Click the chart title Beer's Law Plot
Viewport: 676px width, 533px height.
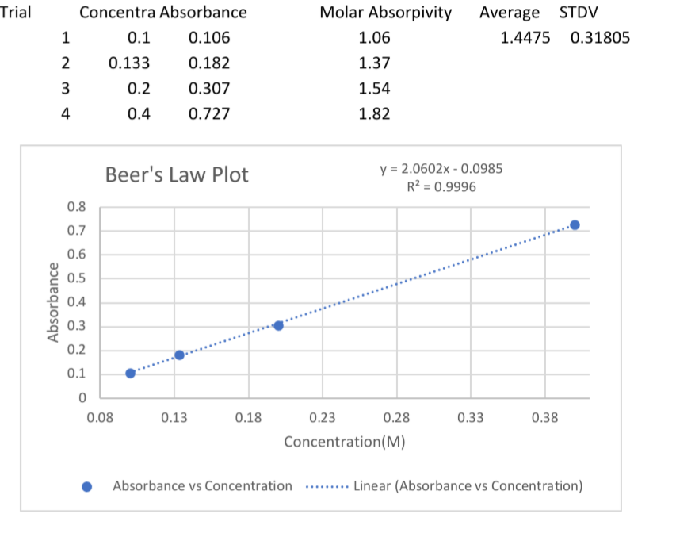[177, 174]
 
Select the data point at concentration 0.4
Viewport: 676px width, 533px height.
[575, 225]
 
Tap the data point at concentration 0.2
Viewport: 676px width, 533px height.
[278, 325]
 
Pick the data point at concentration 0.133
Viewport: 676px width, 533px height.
[179, 355]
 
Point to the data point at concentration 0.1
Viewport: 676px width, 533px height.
[130, 373]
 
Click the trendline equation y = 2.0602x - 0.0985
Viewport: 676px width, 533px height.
[441, 170]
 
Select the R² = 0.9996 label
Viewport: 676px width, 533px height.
[441, 187]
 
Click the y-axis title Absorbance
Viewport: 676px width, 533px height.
[55, 301]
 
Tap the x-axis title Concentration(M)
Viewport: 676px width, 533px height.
[345, 442]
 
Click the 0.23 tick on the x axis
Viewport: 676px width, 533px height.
[321, 418]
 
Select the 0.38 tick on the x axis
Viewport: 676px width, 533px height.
[544, 418]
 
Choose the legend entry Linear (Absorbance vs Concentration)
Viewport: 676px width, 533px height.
[468, 485]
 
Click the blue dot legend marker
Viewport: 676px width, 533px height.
[88, 486]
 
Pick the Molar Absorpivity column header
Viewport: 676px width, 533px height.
[385, 13]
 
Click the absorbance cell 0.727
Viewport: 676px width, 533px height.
[209, 113]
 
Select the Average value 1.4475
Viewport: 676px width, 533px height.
[525, 37]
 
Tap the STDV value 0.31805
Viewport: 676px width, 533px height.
[600, 37]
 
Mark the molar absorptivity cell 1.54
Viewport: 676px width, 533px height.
[374, 88]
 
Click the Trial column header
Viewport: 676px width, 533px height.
[16, 13]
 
